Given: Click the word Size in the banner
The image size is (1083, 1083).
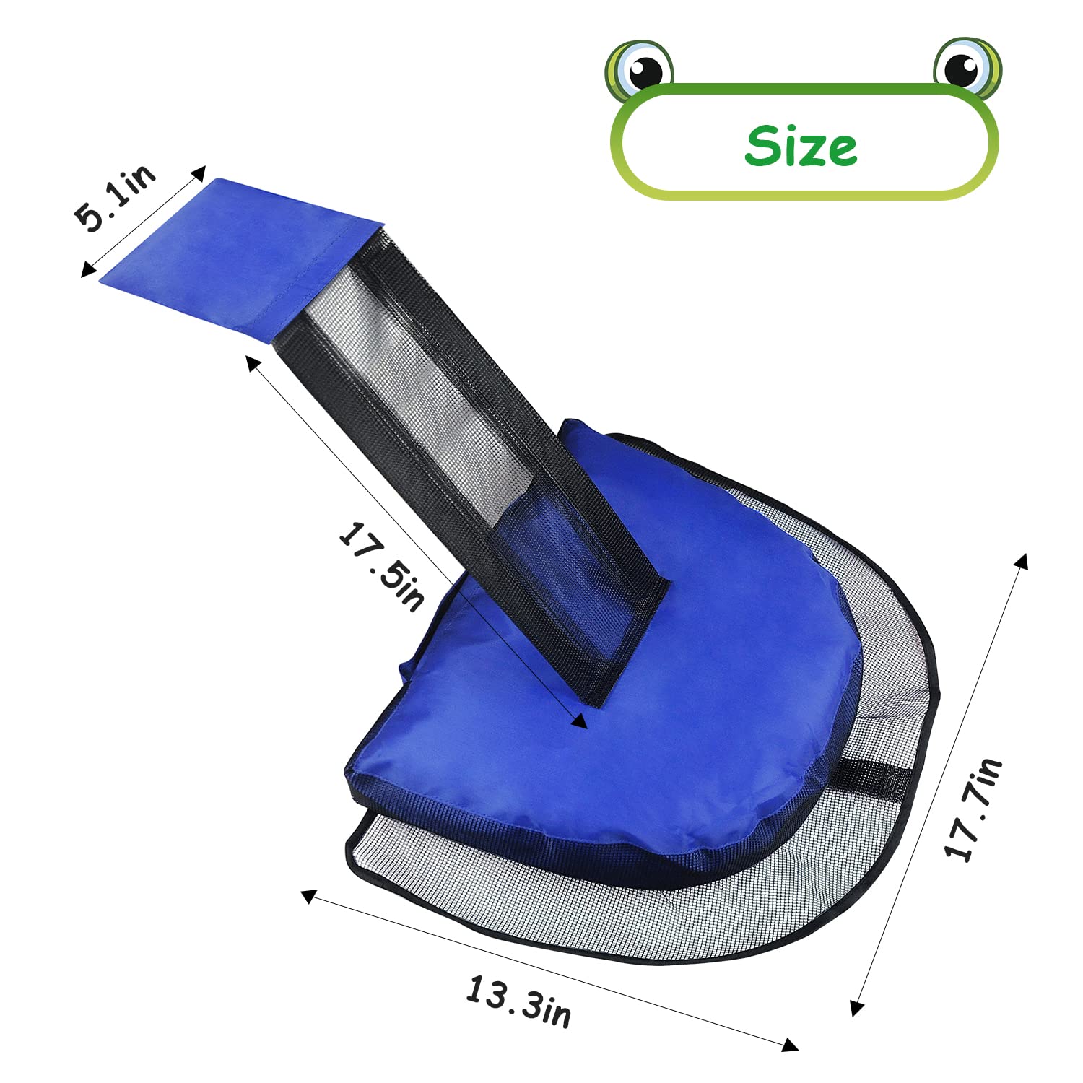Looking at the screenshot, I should click(x=801, y=146).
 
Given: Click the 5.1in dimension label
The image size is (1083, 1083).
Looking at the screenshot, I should click(x=116, y=198).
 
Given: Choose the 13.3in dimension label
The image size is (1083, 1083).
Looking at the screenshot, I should click(x=518, y=1001).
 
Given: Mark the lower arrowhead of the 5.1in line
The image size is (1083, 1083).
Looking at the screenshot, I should click(x=87, y=271).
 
